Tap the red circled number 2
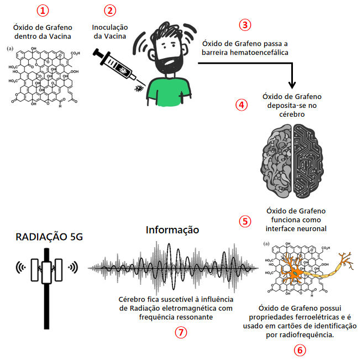pyautogui.click(x=111, y=11)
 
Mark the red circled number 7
pyautogui.click(x=180, y=332)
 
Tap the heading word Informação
pyautogui.click(x=172, y=229)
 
